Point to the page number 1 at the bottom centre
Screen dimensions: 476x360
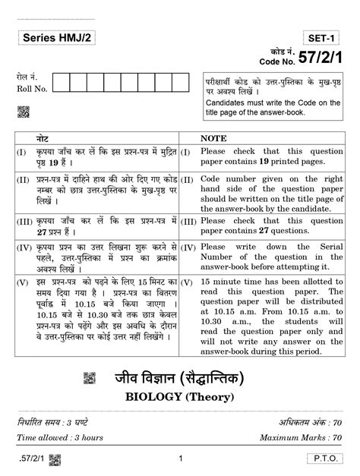[180, 459]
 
